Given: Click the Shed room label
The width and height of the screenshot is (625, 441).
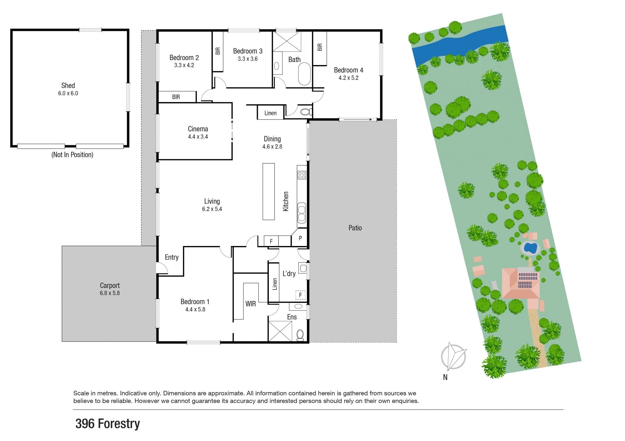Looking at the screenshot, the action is [68, 85].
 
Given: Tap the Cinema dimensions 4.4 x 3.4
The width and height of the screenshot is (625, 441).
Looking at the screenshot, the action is [198, 137].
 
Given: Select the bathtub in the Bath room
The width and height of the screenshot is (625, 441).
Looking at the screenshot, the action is [304, 74].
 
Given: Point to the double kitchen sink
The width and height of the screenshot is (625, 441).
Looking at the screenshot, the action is [302, 213].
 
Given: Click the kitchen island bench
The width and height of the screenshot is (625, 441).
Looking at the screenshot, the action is [269, 191].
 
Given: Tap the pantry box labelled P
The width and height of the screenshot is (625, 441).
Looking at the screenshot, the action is [300, 238].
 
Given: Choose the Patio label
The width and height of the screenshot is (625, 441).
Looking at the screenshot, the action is [355, 228].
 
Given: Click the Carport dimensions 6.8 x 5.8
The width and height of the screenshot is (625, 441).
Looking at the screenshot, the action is [110, 293].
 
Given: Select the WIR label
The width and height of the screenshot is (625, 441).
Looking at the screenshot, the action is [251, 304].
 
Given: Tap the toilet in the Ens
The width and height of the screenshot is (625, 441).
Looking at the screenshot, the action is [300, 335].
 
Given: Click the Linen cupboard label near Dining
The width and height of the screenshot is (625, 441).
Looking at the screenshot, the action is [271, 113].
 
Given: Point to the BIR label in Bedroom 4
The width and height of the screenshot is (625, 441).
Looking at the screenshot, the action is [320, 47].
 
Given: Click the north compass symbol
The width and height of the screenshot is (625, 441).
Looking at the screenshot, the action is [453, 357].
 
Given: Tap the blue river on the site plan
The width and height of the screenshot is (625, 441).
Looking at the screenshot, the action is [460, 44].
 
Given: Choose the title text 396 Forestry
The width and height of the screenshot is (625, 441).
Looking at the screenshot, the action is [108, 424].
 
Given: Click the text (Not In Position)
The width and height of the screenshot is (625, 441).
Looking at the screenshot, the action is [72, 155].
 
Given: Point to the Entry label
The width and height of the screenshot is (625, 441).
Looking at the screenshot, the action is [172, 257].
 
